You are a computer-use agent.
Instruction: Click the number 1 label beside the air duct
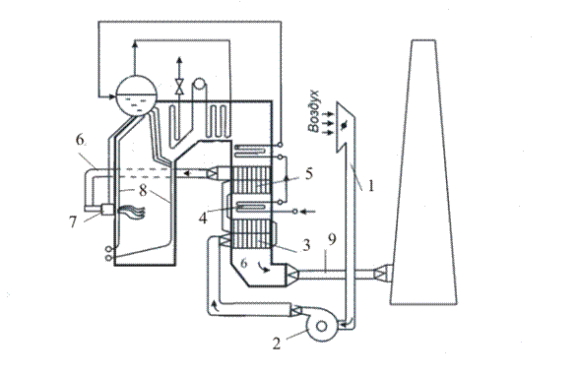tap(370, 185)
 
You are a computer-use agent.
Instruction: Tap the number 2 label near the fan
tap(277, 344)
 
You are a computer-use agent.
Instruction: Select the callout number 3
tap(306, 245)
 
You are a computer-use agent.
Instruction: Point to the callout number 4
tap(203, 219)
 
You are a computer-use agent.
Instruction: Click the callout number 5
tap(309, 174)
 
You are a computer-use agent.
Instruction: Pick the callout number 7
tap(73, 222)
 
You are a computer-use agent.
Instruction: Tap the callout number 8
tap(143, 190)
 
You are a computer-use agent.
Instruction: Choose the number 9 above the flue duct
tap(333, 240)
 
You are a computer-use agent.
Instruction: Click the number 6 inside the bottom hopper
tap(243, 263)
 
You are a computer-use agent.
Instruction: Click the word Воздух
tap(313, 110)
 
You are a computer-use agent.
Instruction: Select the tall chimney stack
tap(423, 172)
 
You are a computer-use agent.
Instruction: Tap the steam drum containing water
tap(137, 95)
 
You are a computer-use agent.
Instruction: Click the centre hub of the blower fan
tap(322, 326)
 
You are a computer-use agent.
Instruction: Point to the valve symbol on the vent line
tap(179, 87)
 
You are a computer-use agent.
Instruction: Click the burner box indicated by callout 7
tap(107, 210)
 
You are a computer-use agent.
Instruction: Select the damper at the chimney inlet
tap(381, 274)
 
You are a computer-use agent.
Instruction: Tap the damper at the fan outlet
tap(296, 310)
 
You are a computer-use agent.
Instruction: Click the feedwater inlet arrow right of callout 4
tap(308, 212)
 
